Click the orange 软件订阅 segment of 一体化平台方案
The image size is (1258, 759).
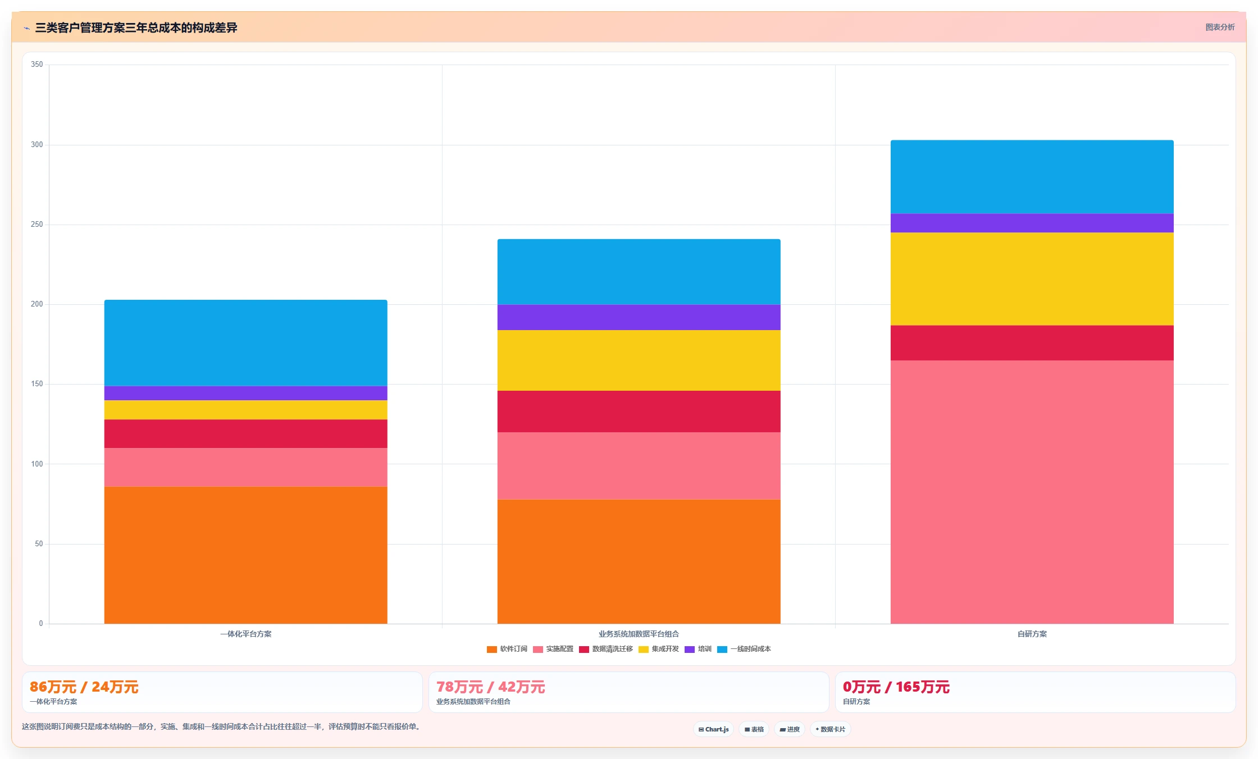point(245,555)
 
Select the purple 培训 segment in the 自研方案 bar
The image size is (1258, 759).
point(1032,223)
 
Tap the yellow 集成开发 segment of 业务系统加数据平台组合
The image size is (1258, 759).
point(639,360)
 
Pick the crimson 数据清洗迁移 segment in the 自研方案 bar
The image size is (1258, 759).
point(1032,343)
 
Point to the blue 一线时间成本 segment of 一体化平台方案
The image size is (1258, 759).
point(245,343)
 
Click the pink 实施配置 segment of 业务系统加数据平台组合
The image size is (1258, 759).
point(639,466)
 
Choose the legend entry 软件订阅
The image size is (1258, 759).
point(507,649)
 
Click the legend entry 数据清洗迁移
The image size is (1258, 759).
point(606,649)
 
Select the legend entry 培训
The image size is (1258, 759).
point(698,649)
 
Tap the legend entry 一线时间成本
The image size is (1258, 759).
point(744,649)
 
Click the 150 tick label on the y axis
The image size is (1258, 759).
point(37,384)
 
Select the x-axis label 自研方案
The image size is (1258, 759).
point(1032,634)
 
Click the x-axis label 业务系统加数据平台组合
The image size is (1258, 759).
point(639,634)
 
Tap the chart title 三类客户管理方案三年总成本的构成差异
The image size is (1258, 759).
point(136,28)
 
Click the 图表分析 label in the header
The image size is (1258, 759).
point(1220,27)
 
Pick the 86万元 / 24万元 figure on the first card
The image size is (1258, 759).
point(84,687)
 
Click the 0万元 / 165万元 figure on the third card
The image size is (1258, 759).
point(896,687)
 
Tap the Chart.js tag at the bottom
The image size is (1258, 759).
point(714,729)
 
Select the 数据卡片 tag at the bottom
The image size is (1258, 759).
point(831,729)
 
